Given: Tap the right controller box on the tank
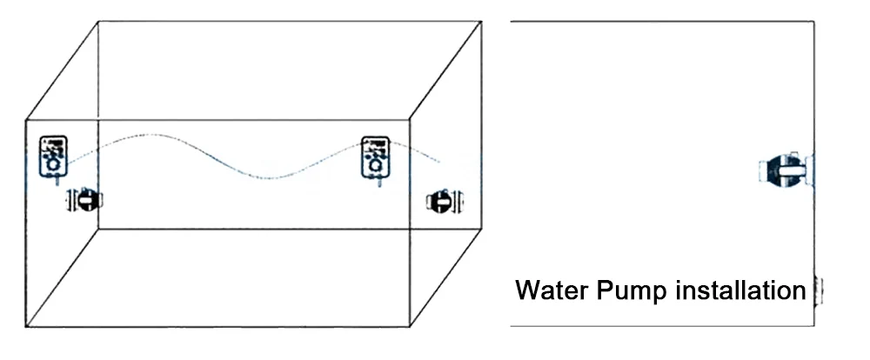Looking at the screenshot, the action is [x=376, y=154].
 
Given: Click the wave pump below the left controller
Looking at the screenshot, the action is [x=85, y=201].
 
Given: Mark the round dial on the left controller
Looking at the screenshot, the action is [x=54, y=163].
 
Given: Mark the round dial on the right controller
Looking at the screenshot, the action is [x=377, y=163].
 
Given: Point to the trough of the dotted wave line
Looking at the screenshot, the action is [x=272, y=178].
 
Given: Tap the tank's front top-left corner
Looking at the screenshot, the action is [x=26, y=117].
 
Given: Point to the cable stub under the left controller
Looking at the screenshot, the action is [x=57, y=180].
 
